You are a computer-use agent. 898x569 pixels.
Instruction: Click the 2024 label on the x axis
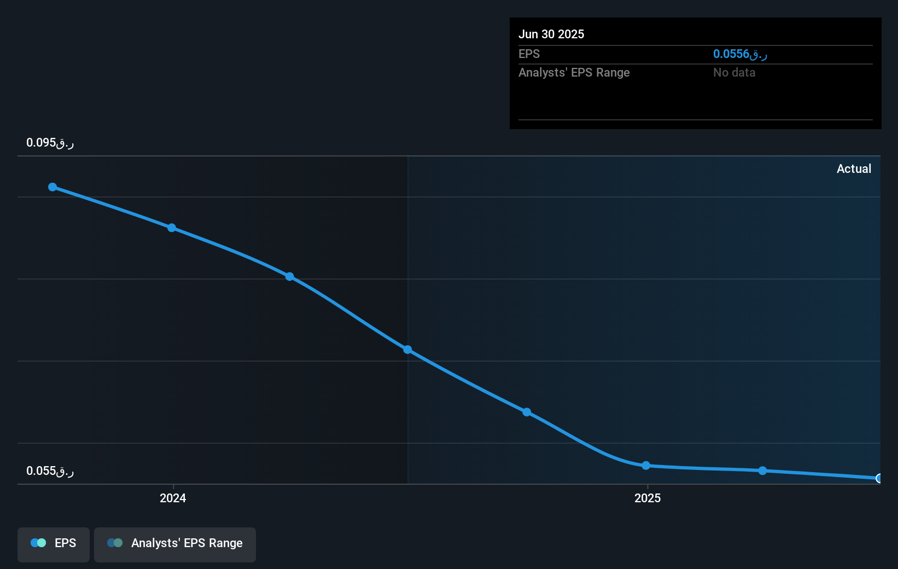tap(173, 498)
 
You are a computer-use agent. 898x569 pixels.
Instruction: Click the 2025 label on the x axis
tap(648, 498)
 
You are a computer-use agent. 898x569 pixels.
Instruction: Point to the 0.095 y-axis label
tap(50, 143)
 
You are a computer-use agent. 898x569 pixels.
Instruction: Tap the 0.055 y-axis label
tap(50, 471)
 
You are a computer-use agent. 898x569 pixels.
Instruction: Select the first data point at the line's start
tap(53, 187)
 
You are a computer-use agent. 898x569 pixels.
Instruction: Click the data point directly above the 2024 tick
tap(172, 228)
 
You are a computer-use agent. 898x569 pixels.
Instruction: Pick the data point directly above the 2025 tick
tap(646, 466)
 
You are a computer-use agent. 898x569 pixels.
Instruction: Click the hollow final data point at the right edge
tap(879, 478)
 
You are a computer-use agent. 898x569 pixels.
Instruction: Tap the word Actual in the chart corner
tap(854, 169)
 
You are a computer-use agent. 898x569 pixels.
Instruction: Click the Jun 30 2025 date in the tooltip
tap(551, 34)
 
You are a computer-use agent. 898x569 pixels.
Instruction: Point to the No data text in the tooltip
tap(734, 72)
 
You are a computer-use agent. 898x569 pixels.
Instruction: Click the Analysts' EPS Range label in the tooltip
tap(574, 72)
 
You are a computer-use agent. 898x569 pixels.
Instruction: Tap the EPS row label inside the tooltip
tap(529, 54)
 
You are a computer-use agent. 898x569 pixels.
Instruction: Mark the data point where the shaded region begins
tap(407, 350)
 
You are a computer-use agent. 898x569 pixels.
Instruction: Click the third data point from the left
tap(290, 277)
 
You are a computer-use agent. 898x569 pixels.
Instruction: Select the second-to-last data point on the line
tap(762, 471)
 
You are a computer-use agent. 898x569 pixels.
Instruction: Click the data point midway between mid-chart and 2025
tap(527, 412)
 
